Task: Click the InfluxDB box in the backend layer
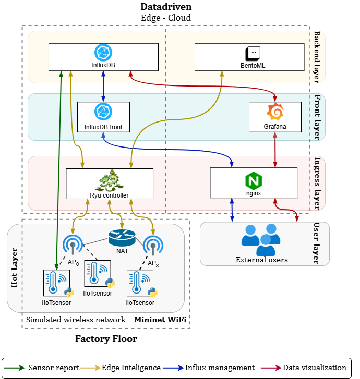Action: (103, 57)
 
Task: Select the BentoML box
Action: (249, 57)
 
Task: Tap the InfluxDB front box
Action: (103, 116)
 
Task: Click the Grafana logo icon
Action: (275, 112)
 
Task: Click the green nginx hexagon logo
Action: (254, 180)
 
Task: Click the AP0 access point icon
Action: (73, 246)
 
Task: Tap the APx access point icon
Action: (153, 246)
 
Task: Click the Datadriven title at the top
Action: (166, 7)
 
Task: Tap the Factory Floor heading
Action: (106, 339)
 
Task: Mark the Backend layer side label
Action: (317, 56)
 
